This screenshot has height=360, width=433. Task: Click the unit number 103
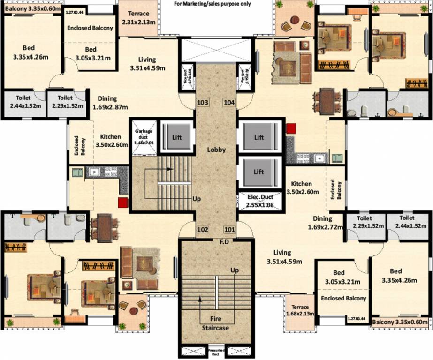(x=203, y=102)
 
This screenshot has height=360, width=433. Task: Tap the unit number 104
(x=229, y=102)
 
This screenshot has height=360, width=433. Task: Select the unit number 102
(x=203, y=230)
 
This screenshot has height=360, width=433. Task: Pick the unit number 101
(x=229, y=230)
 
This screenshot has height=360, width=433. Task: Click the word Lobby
(x=217, y=150)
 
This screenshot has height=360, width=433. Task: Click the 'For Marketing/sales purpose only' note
(x=213, y=4)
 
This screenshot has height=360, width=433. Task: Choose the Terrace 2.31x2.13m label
(x=135, y=18)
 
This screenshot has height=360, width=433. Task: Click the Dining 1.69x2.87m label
(x=107, y=103)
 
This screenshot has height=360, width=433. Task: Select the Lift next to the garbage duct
(x=176, y=137)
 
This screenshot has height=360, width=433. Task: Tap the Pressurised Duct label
(x=216, y=352)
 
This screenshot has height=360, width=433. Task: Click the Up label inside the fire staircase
(x=235, y=270)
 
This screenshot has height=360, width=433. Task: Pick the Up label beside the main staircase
(x=197, y=199)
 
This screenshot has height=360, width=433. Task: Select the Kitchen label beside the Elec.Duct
(x=302, y=187)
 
